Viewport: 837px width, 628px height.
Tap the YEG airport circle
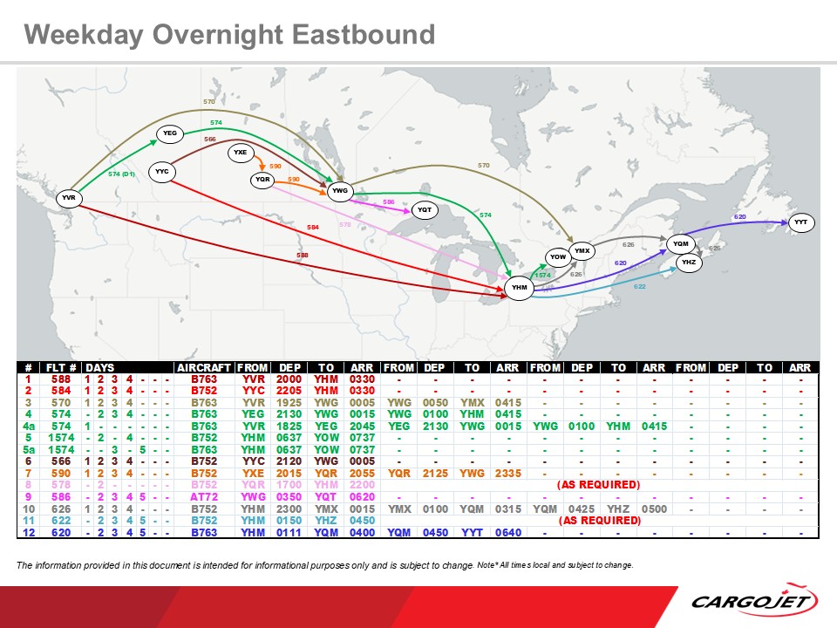pos(170,133)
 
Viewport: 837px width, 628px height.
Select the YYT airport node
pos(801,223)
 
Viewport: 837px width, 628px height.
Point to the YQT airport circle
pos(425,210)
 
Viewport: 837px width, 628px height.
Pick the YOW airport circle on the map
pos(558,257)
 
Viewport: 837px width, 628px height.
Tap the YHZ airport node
pos(688,262)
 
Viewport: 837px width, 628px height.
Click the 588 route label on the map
pos(303,256)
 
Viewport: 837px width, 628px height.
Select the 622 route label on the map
pos(639,286)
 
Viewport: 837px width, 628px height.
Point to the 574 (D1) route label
pos(121,174)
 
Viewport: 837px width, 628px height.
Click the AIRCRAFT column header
pos(203,368)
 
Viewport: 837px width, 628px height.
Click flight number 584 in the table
pos(59,391)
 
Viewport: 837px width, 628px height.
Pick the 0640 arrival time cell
pos(507,532)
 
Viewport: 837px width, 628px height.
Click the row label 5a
pos(29,448)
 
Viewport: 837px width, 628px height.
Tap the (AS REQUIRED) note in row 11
pos(599,521)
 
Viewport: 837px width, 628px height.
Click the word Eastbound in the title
pos(363,35)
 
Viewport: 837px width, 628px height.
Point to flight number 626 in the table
pos(59,509)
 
